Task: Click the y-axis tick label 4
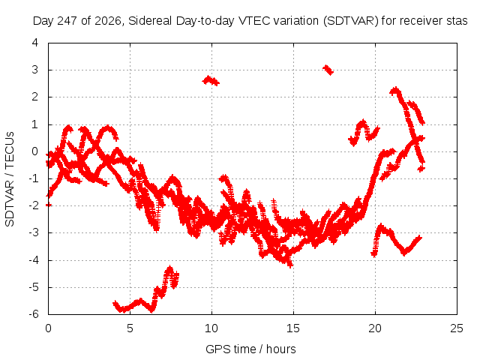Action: pyautogui.click(x=35, y=43)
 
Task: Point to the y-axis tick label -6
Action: pyautogui.click(x=34, y=314)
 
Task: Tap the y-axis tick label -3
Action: pyautogui.click(x=34, y=232)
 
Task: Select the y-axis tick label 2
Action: pyautogui.click(x=35, y=97)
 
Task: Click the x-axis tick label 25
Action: pyautogui.click(x=457, y=328)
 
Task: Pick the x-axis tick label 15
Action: pyautogui.click(x=293, y=328)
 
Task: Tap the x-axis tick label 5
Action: pyautogui.click(x=130, y=328)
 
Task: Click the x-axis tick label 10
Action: pyautogui.click(x=211, y=328)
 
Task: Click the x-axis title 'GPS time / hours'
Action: pyautogui.click(x=250, y=349)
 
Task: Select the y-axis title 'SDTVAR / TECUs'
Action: pyautogui.click(x=10, y=179)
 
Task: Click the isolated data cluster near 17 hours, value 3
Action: pyautogui.click(x=328, y=70)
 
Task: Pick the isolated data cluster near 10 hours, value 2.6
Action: pyautogui.click(x=211, y=81)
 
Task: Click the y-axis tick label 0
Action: pyautogui.click(x=35, y=151)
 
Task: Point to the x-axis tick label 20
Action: pyautogui.click(x=375, y=328)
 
